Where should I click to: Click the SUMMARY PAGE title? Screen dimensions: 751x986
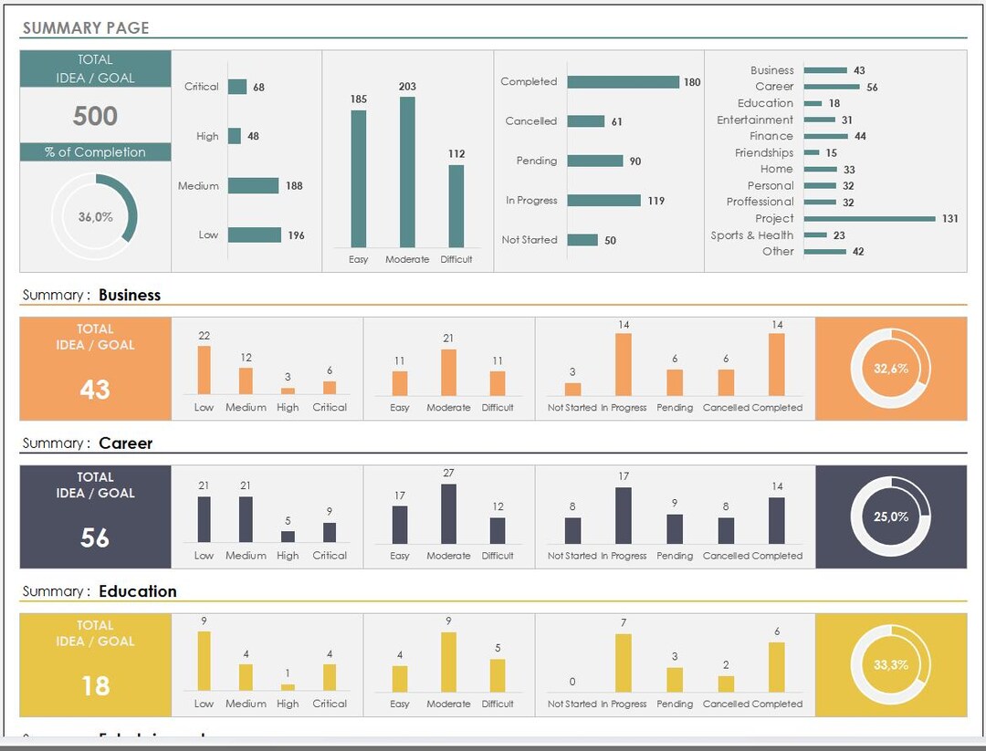[85, 28]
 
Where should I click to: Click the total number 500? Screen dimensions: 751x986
[95, 116]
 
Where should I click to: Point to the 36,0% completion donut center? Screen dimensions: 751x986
[95, 217]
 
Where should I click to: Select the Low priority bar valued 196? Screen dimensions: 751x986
[255, 235]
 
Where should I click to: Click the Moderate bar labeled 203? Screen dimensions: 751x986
[407, 172]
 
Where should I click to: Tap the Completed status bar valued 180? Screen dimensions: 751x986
[623, 82]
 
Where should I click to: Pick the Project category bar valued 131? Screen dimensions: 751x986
[869, 219]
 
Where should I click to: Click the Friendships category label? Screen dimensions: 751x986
[764, 153]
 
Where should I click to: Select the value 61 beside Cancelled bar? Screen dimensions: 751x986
[616, 121]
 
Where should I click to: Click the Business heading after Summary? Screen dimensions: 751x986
[130, 295]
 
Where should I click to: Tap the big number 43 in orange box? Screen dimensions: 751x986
[95, 390]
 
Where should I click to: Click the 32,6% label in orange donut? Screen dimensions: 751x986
[890, 369]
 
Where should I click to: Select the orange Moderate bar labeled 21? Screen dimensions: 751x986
[448, 371]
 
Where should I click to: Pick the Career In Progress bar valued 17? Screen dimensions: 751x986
[624, 516]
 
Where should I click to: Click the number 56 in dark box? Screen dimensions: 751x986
[95, 537]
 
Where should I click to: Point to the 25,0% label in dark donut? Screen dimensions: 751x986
[890, 516]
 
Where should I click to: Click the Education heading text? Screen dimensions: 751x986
[138, 591]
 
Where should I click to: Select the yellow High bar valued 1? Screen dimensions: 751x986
[288, 687]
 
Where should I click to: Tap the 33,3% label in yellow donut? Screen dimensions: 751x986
[890, 664]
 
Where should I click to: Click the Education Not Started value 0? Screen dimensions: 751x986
[572, 682]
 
